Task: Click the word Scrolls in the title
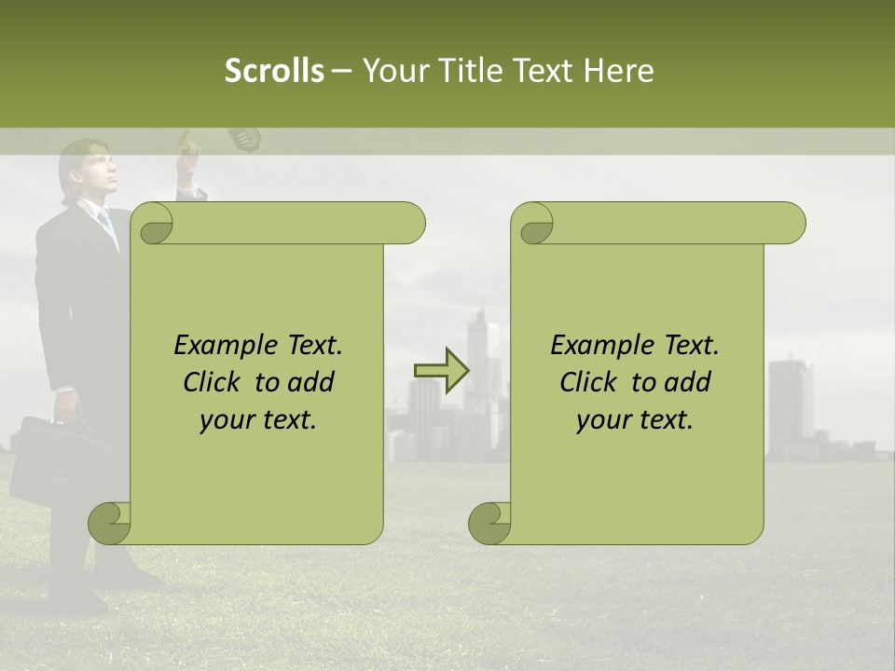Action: coord(274,70)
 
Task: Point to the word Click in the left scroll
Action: coord(215,382)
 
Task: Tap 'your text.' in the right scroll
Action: coord(634,419)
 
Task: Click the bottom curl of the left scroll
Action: coord(110,523)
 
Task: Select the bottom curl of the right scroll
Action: coord(489,523)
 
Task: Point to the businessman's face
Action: coord(93,172)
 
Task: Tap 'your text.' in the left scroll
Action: coord(257,419)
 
